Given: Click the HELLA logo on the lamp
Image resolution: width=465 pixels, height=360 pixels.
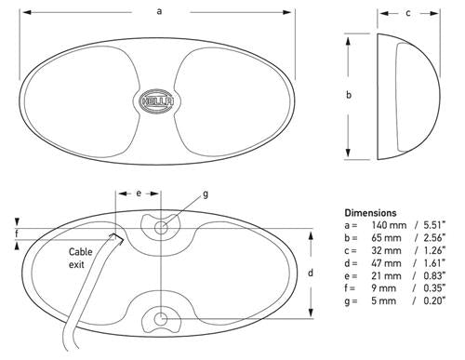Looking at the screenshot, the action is (157, 101).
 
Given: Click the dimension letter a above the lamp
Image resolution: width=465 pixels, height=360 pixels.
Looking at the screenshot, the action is (159, 11).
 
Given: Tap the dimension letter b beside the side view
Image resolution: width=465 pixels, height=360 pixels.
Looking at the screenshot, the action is (349, 95).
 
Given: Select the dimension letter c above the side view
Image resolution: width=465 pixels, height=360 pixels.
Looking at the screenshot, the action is (408, 13).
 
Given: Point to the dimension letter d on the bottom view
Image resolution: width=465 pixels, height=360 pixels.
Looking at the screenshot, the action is (311, 273).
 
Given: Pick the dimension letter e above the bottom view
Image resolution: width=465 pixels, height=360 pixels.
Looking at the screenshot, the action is (139, 193).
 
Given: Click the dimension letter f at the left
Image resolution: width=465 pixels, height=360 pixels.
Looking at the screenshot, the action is (17, 233).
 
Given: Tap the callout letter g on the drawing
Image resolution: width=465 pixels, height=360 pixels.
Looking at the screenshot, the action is (206, 194).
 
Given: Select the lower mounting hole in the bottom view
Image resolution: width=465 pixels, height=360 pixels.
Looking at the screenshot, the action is (161, 319).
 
